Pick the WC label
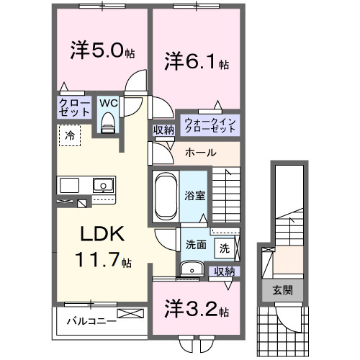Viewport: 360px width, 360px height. [x=108, y=104]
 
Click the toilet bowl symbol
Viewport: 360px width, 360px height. [x=109, y=123]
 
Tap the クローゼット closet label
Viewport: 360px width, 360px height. [x=75, y=109]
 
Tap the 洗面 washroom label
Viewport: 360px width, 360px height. [x=195, y=244]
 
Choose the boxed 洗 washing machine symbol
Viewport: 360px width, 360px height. [x=225, y=248]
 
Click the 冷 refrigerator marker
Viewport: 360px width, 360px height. [x=70, y=135]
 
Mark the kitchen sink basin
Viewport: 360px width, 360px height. [x=104, y=185]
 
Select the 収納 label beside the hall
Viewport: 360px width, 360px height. [x=163, y=130]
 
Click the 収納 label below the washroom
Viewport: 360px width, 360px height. [x=225, y=271]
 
